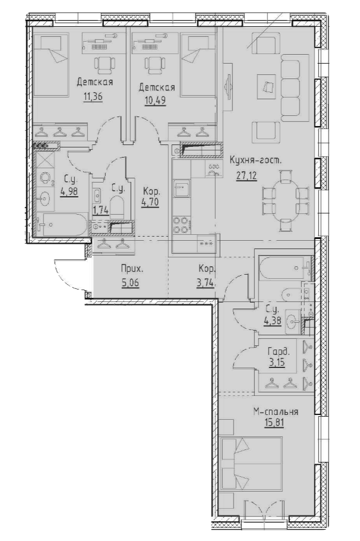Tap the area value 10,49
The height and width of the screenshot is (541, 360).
click(x=156, y=100)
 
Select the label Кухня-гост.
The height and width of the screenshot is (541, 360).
click(x=255, y=160)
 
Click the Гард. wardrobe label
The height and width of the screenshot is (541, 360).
click(x=278, y=352)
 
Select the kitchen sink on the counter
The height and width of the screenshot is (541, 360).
click(x=181, y=190)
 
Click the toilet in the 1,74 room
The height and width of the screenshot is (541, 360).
click(x=117, y=207)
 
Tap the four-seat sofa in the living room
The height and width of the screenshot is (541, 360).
click(x=292, y=89)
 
